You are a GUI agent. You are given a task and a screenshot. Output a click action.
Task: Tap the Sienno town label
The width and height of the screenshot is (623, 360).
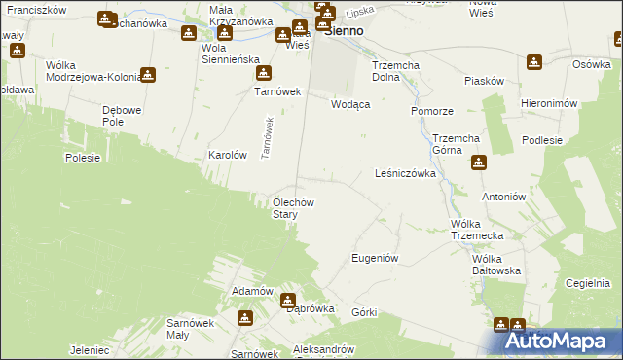pyautogui.click(x=343, y=31)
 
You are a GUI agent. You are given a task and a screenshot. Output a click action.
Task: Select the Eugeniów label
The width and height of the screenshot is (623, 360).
pyautogui.click(x=375, y=258)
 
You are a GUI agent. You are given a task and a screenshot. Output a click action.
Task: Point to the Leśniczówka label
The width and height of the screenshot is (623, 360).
pyautogui.click(x=404, y=173)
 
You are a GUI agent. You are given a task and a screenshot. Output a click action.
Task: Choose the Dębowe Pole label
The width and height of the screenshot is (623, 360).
pyautogui.click(x=126, y=116)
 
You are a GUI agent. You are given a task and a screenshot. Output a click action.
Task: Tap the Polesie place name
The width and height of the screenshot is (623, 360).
pyautogui.click(x=84, y=157)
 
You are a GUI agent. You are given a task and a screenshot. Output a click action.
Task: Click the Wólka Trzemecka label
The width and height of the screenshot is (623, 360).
pyautogui.click(x=477, y=231)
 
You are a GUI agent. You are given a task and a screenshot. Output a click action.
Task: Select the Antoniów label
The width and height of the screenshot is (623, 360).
pyautogui.click(x=504, y=196)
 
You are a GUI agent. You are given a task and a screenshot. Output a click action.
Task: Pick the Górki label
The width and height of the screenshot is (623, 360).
pyautogui.click(x=365, y=312)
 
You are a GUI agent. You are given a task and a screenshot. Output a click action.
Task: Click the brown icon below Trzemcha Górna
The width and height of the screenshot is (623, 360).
pyautogui.click(x=477, y=162)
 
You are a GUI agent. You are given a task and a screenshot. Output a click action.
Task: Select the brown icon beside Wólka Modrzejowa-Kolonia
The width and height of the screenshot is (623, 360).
pyautogui.click(x=147, y=74)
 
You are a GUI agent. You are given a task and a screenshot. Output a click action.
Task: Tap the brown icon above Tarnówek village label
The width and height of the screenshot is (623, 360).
pyautogui.click(x=260, y=73)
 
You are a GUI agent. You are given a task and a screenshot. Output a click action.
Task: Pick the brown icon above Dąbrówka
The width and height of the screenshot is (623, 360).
pyautogui.click(x=289, y=301)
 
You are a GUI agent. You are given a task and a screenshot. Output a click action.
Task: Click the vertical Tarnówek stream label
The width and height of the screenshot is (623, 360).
pyautogui.click(x=265, y=139)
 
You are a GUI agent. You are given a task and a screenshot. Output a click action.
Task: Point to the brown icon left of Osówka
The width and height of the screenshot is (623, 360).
pyautogui.click(x=533, y=62)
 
